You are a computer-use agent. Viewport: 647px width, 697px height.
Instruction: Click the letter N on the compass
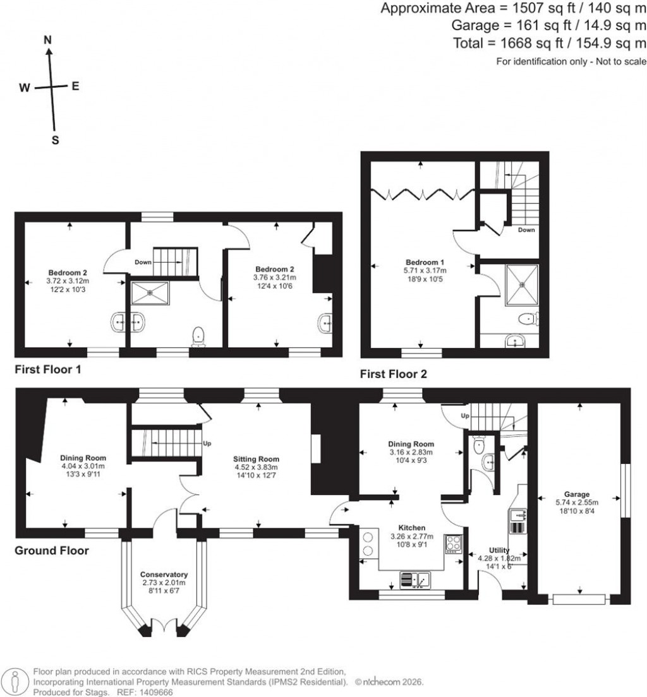click(47, 39)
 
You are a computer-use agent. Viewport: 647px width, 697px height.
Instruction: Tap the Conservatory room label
click(164, 575)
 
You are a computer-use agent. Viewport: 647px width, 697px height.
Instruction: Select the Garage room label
click(577, 494)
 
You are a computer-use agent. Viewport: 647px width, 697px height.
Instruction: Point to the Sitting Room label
click(256, 459)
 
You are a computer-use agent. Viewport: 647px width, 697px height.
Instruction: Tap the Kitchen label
click(411, 527)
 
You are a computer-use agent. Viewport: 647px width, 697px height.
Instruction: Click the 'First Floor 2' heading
click(393, 374)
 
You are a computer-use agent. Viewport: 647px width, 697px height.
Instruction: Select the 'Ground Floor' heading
click(52, 551)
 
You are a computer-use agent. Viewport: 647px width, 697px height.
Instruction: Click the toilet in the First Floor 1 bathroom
click(198, 336)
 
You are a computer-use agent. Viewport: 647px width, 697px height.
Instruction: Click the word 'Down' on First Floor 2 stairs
click(526, 230)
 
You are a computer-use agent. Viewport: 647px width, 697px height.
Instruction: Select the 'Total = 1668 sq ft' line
click(548, 44)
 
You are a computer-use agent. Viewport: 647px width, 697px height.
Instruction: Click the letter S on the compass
click(55, 141)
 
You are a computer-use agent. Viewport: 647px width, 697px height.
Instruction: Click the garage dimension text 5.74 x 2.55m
click(577, 503)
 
